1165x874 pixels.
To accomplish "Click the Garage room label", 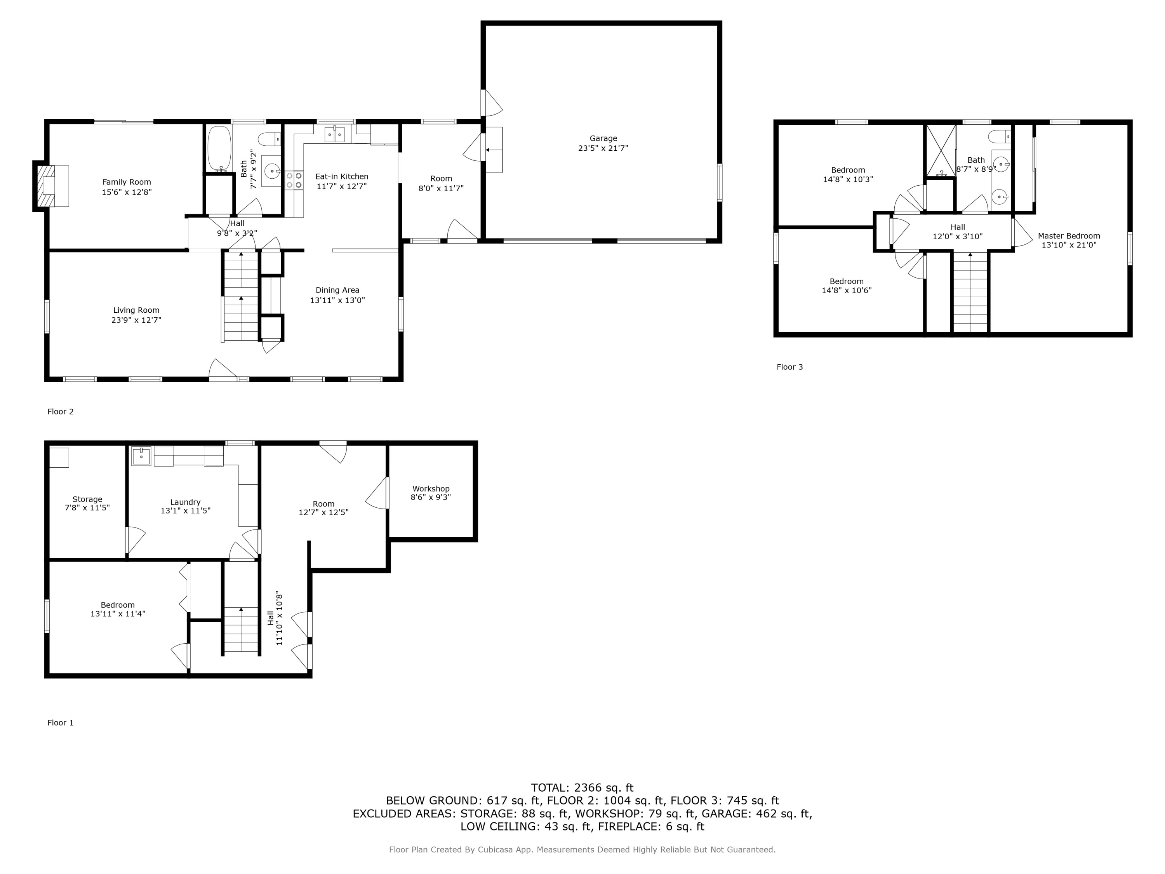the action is [603, 139].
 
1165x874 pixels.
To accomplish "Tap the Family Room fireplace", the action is [52, 186].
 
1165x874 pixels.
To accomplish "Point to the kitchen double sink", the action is [334, 134].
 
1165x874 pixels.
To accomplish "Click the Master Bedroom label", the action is [1069, 236].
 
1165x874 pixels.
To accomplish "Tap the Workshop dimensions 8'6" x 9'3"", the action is [431, 497].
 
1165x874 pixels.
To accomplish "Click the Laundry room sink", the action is [141, 456].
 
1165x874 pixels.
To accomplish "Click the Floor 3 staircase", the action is [970, 292].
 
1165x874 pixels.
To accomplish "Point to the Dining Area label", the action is [337, 290].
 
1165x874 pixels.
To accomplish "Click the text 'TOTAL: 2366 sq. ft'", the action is [582, 788].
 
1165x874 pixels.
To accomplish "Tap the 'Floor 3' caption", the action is [789, 367].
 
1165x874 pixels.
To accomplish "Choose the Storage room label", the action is [87, 500].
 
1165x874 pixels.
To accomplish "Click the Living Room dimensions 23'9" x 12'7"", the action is [136, 320].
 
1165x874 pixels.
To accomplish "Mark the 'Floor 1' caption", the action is [61, 723].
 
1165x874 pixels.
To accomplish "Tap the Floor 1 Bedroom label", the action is [118, 605].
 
